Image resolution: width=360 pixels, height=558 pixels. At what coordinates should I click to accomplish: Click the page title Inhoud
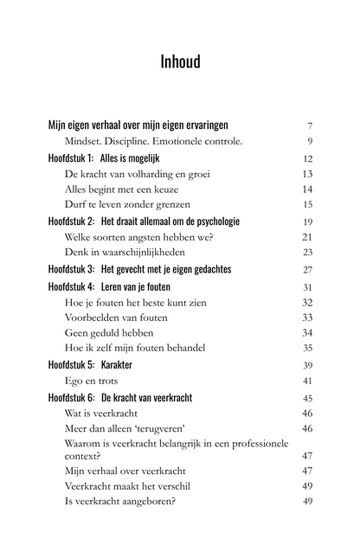tap(180, 61)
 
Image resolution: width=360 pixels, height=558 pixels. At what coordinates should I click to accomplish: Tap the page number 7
tap(309, 125)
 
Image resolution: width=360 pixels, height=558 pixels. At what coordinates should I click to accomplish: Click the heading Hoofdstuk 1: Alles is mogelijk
tap(107, 158)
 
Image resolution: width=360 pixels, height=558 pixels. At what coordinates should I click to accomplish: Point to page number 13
tap(307, 174)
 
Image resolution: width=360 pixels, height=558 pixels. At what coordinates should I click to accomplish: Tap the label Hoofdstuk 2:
tap(72, 221)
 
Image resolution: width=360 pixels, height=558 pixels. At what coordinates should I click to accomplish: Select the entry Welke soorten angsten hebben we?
tap(138, 236)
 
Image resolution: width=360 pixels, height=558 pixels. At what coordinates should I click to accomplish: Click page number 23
tap(307, 252)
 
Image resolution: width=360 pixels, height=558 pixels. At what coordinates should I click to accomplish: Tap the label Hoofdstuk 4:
tap(72, 286)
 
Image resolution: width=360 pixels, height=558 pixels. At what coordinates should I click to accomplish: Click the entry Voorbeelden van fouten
tap(116, 317)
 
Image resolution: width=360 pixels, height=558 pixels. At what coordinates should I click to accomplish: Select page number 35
tap(307, 348)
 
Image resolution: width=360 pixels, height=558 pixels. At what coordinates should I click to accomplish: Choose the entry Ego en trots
tap(91, 380)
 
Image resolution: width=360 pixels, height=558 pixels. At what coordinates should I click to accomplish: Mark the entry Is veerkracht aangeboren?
tap(120, 501)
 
